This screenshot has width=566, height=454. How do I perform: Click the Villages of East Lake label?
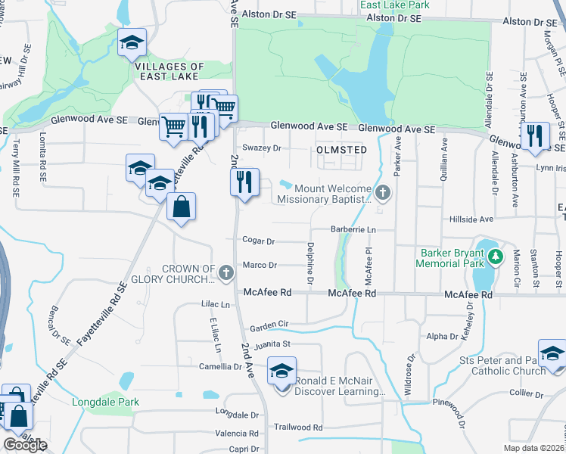click(x=169, y=71)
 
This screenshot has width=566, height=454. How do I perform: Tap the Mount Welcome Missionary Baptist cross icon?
click(x=383, y=192)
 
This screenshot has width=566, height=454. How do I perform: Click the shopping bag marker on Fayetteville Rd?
click(x=181, y=207)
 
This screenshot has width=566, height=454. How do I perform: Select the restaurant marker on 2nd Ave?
click(x=244, y=182)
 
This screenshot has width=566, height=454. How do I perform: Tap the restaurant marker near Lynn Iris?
click(x=535, y=136)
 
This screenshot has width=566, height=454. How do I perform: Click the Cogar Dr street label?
click(x=258, y=241)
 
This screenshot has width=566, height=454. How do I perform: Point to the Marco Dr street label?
click(x=260, y=265)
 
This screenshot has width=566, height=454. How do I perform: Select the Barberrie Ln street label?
click(x=353, y=229)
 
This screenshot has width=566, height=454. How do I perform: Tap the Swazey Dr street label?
click(x=261, y=148)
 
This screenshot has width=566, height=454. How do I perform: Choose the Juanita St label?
click(x=272, y=344)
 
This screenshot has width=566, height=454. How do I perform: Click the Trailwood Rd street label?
click(x=298, y=428)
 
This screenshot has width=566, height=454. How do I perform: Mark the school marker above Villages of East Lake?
click(x=132, y=42)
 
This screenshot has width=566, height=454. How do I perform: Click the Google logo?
click(x=24, y=445)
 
